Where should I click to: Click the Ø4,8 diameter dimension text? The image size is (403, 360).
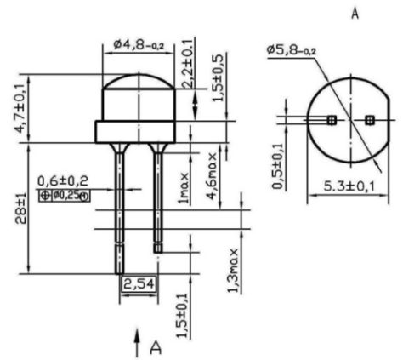coord(139,45)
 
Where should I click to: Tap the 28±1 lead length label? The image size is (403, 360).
coord(21,209)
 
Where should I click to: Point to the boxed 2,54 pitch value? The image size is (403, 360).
coord(139,284)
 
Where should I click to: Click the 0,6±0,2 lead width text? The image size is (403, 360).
coord(63,180)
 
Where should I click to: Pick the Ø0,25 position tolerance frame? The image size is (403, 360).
coord(65,196)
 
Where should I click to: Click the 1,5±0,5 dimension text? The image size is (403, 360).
coord(219,77)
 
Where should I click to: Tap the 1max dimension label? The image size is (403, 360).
coord(184,188)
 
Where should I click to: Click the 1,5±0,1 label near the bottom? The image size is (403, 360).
coord(183,317)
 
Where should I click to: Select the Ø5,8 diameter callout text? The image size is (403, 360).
coord(292,50)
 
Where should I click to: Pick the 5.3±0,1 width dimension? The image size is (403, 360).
coord(349,186)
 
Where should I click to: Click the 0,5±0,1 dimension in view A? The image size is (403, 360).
coord(278,166)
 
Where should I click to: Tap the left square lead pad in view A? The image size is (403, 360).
coord(332,120)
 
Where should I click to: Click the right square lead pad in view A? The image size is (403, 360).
coord(370,120)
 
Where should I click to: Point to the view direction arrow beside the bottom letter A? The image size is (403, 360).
coord(138,343)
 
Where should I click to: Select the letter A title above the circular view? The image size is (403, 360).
coord(355,14)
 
